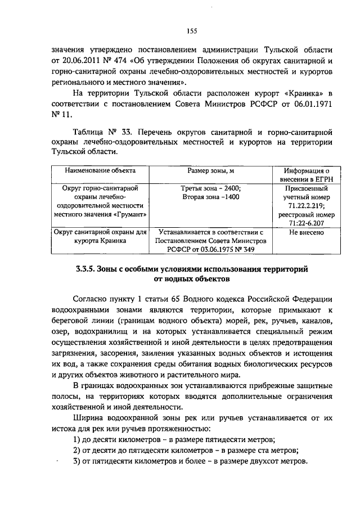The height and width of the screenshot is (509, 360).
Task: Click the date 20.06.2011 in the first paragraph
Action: coord(87,61)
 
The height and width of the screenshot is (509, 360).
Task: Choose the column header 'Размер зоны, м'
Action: coord(211,170)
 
